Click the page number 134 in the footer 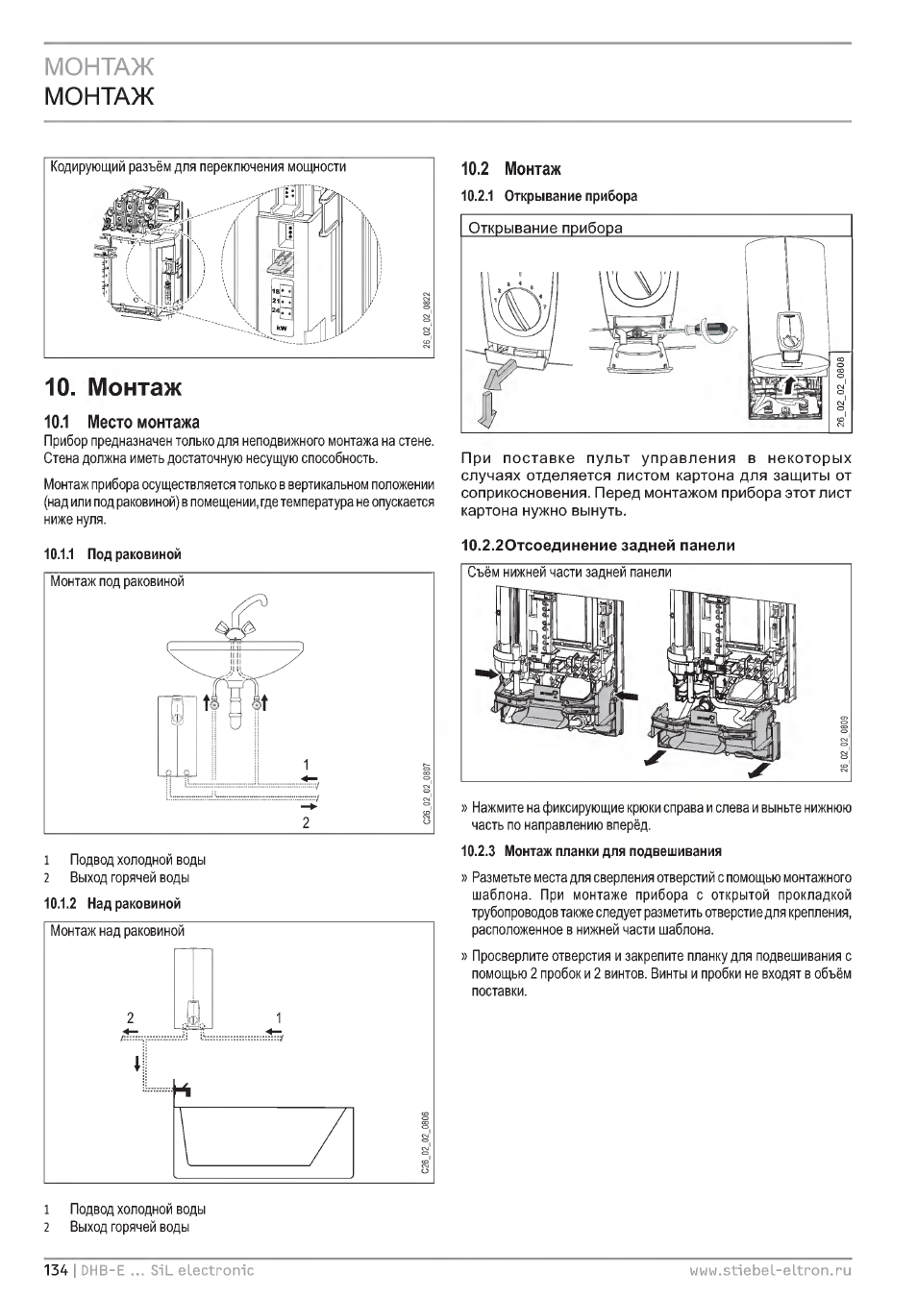click(56, 1270)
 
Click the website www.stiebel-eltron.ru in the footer click(770, 1270)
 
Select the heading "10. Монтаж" click(113, 387)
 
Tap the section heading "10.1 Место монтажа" click(122, 422)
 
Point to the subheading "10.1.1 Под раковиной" click(112, 554)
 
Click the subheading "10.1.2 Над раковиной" click(112, 904)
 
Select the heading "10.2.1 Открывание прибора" click(549, 196)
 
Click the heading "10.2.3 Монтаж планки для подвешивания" click(591, 851)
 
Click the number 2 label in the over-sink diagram click(132, 1017)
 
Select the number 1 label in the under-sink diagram click(307, 765)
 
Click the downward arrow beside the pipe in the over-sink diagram click(137, 1063)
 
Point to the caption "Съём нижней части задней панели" click(569, 573)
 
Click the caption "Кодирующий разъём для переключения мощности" click(198, 166)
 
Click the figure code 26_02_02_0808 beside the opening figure click(840, 390)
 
